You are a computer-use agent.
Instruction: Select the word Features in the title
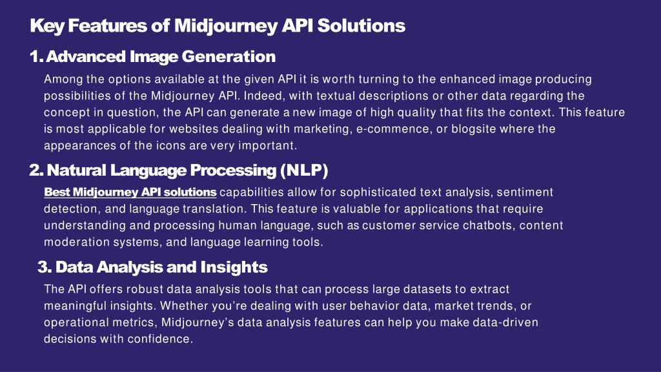108,25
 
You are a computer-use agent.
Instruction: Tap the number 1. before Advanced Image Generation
36,57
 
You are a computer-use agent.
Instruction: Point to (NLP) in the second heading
304,170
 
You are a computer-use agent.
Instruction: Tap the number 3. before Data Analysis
45,267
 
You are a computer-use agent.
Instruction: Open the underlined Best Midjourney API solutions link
130,192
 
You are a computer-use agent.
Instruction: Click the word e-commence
392,129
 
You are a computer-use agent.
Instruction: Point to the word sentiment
525,192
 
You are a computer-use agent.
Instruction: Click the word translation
213,209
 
